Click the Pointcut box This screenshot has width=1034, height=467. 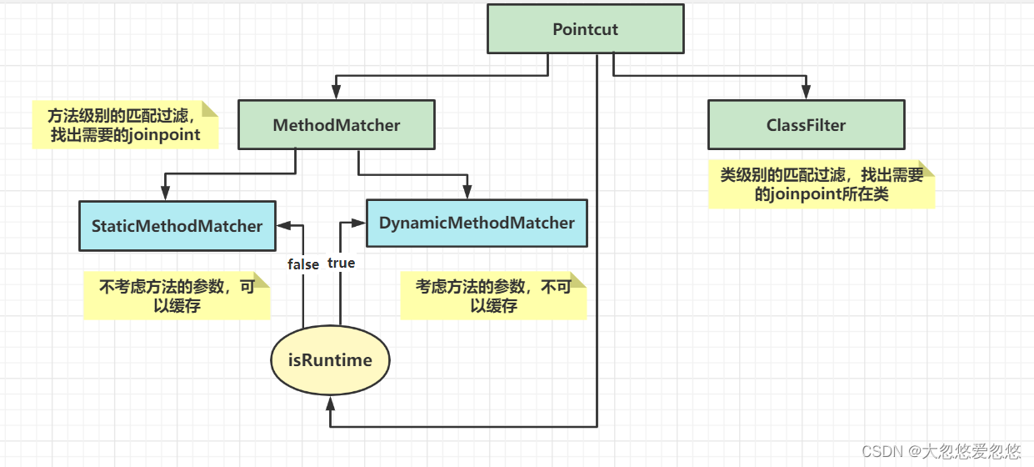[x=585, y=30]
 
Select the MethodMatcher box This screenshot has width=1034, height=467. [x=336, y=126]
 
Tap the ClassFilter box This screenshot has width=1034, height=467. [x=806, y=126]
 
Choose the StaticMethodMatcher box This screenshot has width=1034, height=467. [x=177, y=226]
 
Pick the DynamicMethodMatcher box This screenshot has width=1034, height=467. [x=477, y=223]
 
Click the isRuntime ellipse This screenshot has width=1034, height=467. [x=331, y=360]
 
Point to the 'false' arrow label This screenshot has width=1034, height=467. [x=303, y=264]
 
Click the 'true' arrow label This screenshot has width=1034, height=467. [x=341, y=263]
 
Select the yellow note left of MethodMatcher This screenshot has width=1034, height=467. [x=125, y=125]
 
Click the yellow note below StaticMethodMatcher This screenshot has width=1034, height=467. [x=177, y=296]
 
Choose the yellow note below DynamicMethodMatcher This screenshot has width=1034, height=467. [x=493, y=296]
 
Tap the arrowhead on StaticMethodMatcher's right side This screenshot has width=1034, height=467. [x=282, y=223]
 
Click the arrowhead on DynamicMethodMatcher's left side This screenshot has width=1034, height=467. [x=360, y=223]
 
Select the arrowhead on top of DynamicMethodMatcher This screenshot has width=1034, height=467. [x=468, y=193]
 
